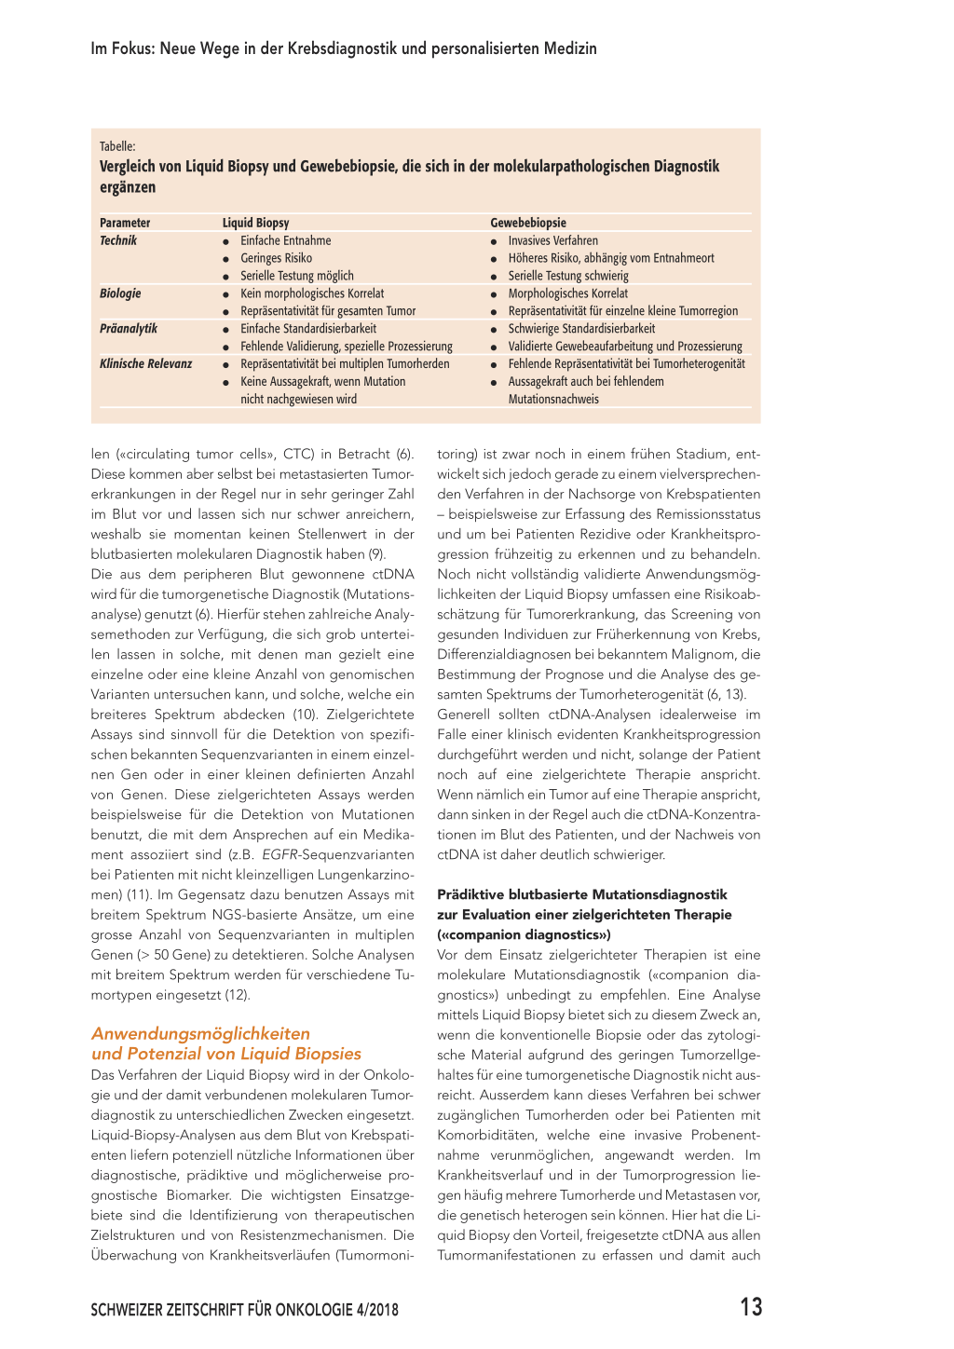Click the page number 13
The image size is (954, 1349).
(x=751, y=1307)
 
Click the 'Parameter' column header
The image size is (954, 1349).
(x=125, y=223)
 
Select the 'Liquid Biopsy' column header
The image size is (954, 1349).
(x=255, y=223)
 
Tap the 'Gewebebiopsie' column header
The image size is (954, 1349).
(x=528, y=223)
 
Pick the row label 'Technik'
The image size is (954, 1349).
(x=118, y=240)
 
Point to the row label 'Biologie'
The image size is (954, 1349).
(x=120, y=293)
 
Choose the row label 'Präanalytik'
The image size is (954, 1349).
(x=129, y=329)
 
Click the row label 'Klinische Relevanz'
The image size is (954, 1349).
(x=145, y=364)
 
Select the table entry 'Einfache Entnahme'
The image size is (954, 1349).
(x=285, y=240)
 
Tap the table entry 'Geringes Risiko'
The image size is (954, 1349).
(x=276, y=258)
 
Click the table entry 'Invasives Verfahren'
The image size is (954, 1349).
(x=552, y=240)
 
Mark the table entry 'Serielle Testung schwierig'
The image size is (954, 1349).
(x=568, y=276)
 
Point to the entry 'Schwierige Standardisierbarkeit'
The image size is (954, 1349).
(x=581, y=329)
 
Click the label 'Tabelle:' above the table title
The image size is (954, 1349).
(x=117, y=146)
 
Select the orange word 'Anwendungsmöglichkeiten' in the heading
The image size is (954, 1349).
(x=200, y=1033)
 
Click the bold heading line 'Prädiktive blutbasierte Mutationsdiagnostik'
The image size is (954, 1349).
(x=581, y=894)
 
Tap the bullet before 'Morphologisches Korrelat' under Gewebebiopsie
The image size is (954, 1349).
(x=494, y=294)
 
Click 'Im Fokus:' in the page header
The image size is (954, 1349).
(x=122, y=48)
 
